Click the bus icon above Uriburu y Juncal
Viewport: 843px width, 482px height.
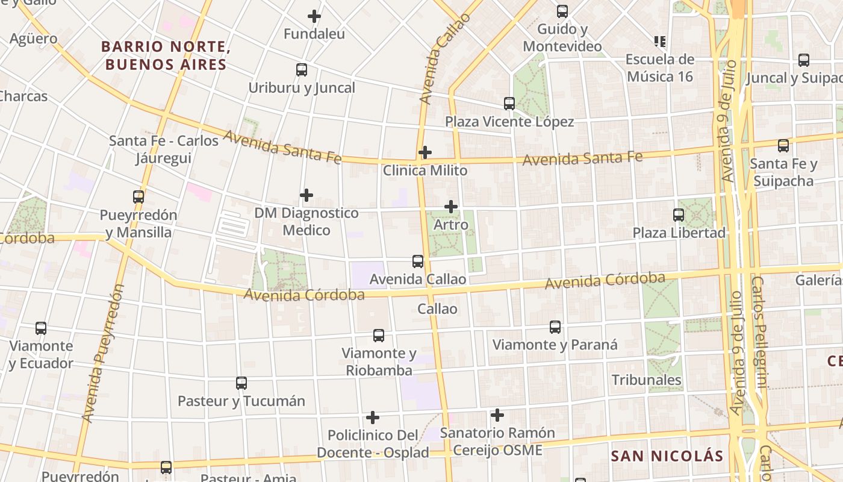click(302, 70)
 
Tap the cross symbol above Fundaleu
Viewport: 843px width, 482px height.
click(314, 16)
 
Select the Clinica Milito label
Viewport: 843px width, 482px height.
click(425, 171)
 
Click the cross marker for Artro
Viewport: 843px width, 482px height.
click(451, 207)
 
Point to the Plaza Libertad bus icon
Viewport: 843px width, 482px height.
click(679, 214)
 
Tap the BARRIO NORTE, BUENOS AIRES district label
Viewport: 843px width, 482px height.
click(166, 55)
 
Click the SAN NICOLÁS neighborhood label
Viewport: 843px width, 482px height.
click(667, 455)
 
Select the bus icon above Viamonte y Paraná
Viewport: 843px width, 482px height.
click(555, 327)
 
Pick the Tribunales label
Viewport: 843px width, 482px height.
click(647, 380)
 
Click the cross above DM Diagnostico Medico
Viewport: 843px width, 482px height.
click(306, 195)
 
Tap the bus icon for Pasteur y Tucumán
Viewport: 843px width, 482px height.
click(241, 383)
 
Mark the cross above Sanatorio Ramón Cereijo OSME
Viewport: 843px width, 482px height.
click(497, 415)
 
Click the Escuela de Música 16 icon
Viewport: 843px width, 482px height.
click(660, 42)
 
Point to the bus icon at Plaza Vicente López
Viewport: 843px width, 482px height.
click(509, 104)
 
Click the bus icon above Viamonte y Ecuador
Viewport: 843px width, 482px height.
click(41, 328)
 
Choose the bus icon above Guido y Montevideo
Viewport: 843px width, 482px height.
click(562, 11)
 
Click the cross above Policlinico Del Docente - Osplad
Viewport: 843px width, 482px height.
click(373, 418)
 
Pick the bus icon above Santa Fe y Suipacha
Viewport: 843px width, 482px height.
click(783, 146)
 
